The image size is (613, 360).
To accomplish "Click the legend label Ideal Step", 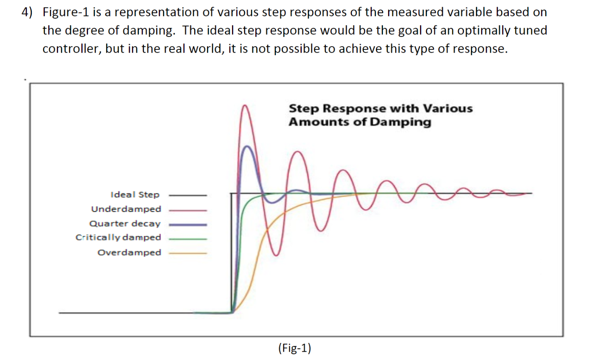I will [x=135, y=194].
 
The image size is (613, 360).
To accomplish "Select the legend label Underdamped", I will [x=126, y=209].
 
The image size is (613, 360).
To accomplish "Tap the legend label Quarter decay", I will [x=125, y=223].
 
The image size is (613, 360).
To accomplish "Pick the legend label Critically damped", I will [x=118, y=238].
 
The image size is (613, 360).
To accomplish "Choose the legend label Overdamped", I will [x=129, y=252].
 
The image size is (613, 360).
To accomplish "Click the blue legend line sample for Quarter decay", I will [x=188, y=225].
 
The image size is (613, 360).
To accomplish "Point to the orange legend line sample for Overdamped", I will [x=188, y=253].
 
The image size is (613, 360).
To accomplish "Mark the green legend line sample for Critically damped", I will [x=188, y=239].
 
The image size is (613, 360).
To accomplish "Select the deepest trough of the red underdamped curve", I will [x=276, y=255].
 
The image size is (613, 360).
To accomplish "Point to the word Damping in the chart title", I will [x=401, y=122].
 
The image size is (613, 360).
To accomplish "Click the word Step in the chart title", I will [x=304, y=109].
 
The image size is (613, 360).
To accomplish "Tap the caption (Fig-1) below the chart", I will [x=295, y=348].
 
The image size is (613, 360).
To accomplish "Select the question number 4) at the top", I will [x=27, y=12].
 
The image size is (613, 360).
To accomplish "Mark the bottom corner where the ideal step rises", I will [x=231, y=312].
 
